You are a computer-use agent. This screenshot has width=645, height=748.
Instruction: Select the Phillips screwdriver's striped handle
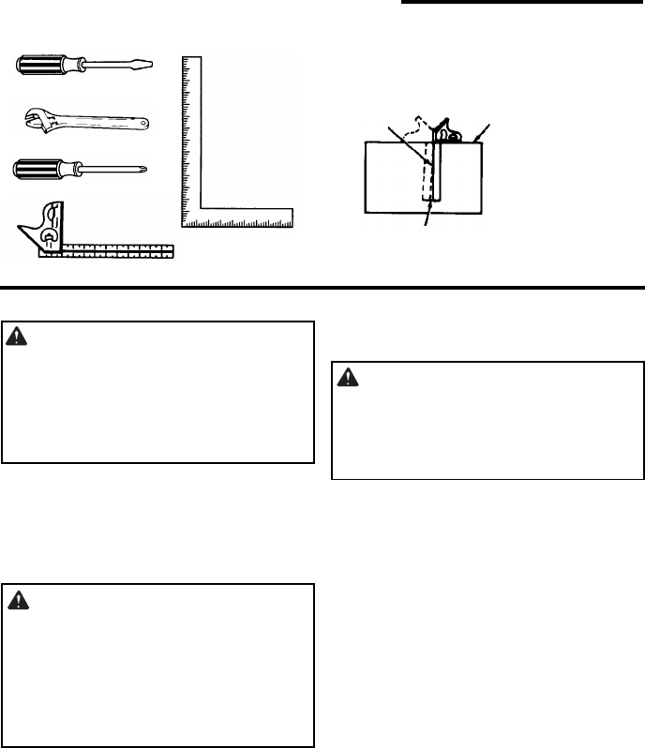[40, 170]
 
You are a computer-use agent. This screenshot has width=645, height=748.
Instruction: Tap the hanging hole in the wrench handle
[141, 123]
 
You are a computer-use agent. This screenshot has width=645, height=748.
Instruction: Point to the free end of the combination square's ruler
[172, 251]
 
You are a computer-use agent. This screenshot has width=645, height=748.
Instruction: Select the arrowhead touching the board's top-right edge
[475, 140]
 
